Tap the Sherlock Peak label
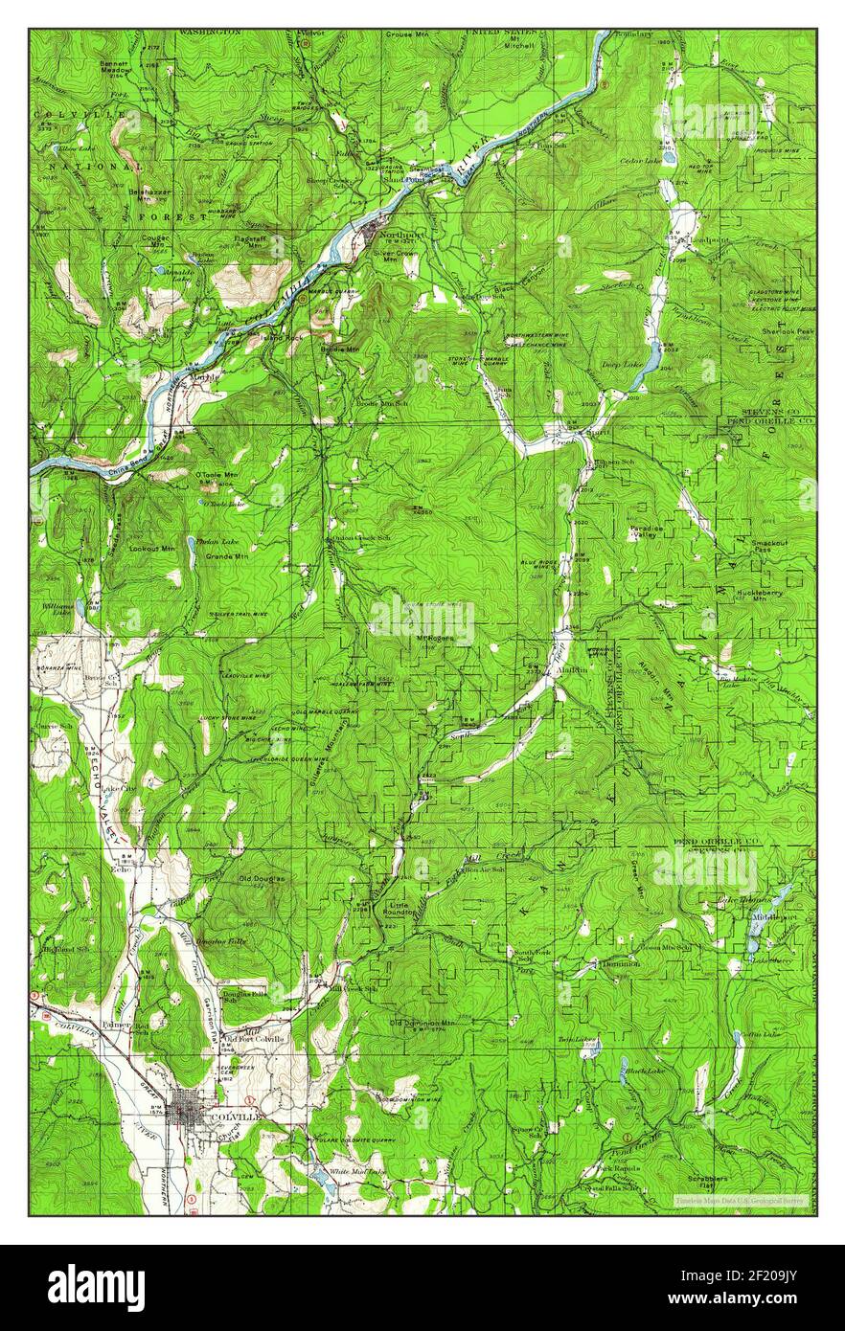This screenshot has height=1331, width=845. tap(788, 331)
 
